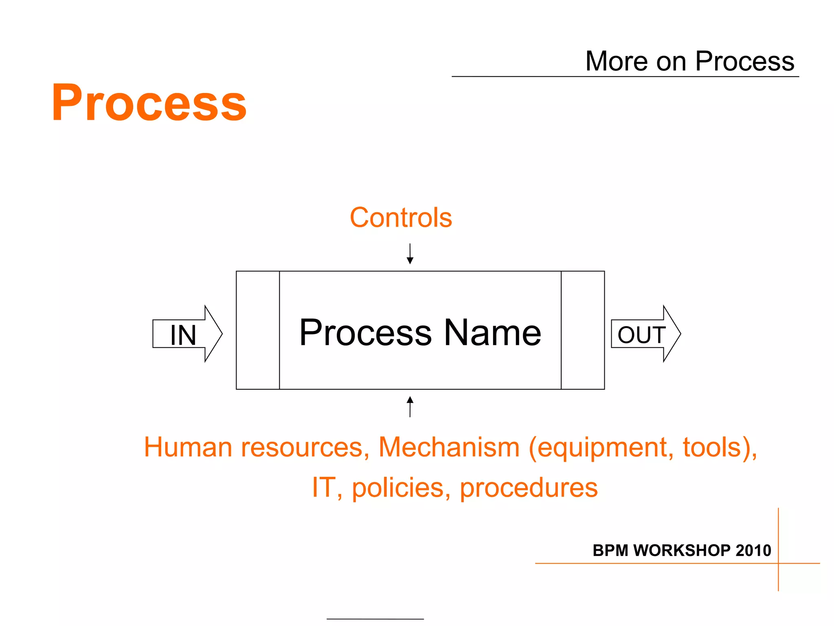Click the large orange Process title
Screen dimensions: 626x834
[149, 103]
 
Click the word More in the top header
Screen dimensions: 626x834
[616, 62]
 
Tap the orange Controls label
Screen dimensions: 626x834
[401, 218]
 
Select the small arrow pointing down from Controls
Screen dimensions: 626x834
[410, 254]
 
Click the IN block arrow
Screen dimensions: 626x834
[187, 334]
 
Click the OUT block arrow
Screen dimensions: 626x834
[645, 334]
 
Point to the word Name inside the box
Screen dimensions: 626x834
[492, 333]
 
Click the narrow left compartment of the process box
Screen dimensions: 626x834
[258, 330]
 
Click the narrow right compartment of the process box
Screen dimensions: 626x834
[583, 330]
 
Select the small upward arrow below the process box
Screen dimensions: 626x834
[410, 406]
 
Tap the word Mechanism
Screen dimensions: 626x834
[449, 447]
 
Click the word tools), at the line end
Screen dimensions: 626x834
[720, 447]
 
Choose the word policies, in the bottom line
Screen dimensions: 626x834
[402, 488]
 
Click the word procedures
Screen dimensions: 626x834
[529, 488]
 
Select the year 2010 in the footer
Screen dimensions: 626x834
[753, 551]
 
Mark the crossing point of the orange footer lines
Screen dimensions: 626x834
[778, 563]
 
